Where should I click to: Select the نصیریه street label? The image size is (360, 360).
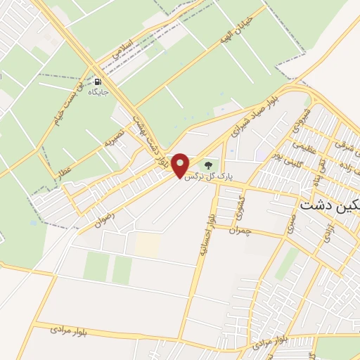(x=114, y=136)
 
